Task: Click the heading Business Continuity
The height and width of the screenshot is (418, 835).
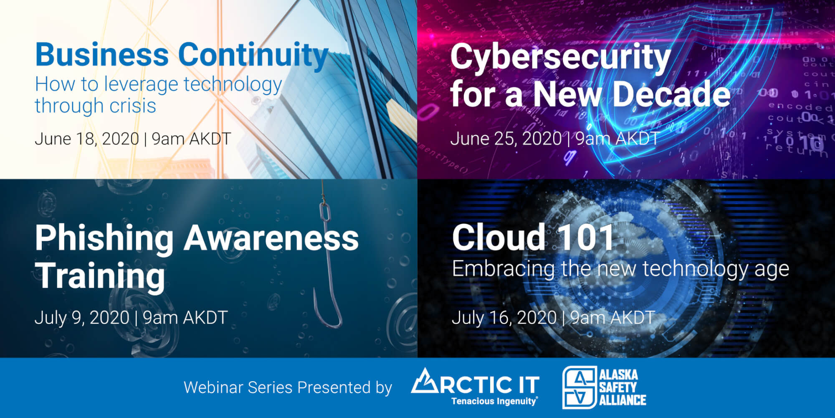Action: pyautogui.click(x=182, y=55)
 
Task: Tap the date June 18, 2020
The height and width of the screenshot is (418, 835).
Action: pyautogui.click(x=87, y=139)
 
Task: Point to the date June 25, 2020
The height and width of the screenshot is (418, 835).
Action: pyautogui.click(x=506, y=139)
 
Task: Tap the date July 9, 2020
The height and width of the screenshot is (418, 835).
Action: pyautogui.click(x=82, y=318)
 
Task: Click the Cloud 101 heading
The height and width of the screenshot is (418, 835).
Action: pyautogui.click(x=533, y=237)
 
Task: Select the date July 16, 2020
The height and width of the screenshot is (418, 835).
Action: pyautogui.click(x=504, y=318)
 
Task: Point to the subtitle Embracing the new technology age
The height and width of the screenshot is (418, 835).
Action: pyautogui.click(x=621, y=269)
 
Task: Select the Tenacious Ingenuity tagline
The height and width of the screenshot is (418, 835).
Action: pyautogui.click(x=494, y=401)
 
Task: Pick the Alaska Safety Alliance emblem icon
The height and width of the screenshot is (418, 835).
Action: pyautogui.click(x=579, y=387)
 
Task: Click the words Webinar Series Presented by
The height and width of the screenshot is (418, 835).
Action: pyautogui.click(x=288, y=387)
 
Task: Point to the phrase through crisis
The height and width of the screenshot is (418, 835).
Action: pyautogui.click(x=96, y=106)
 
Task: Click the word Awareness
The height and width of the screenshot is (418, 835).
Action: pyautogui.click(x=271, y=238)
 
